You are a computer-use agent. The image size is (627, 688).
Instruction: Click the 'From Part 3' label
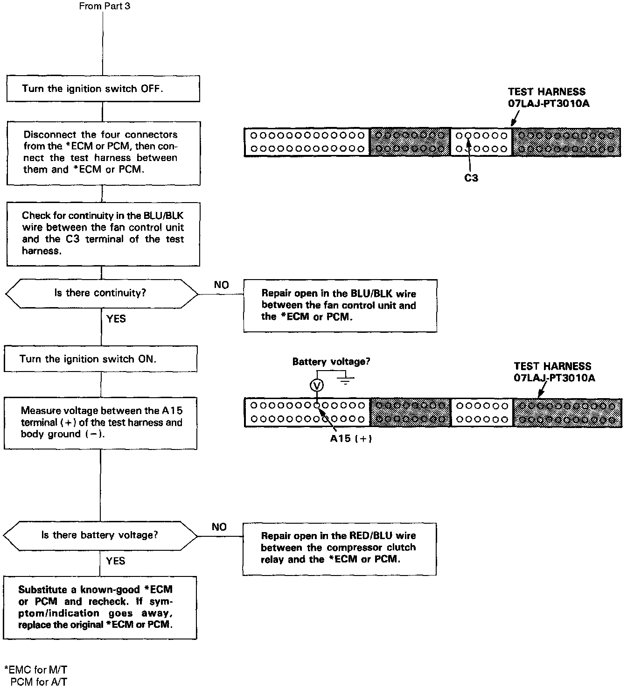[x=104, y=6]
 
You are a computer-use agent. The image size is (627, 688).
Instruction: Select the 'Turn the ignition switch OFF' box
[x=103, y=89]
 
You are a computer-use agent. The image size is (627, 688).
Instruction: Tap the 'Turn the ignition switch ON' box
[x=100, y=359]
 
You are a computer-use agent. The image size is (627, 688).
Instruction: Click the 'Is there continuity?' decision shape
[x=101, y=293]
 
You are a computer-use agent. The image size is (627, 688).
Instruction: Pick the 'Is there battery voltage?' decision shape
[x=100, y=535]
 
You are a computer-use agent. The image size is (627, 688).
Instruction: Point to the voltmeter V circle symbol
[x=317, y=386]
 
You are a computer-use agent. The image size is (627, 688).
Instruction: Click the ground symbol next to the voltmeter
[x=345, y=379]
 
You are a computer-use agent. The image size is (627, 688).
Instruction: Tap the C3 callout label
[x=471, y=178]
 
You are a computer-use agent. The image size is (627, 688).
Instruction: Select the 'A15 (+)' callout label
[x=351, y=439]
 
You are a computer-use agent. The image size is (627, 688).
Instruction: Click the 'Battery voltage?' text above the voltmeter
[x=331, y=362]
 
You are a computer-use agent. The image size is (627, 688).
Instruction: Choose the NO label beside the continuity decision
[x=221, y=285]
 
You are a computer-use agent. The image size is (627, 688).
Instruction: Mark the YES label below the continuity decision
[x=116, y=319]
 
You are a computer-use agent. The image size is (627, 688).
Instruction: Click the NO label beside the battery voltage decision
[x=219, y=527]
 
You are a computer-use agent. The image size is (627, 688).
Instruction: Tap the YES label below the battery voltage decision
[x=115, y=561]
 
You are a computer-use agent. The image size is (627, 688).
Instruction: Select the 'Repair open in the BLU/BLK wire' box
[x=340, y=306]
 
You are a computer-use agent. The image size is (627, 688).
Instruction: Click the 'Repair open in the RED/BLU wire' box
[x=339, y=548]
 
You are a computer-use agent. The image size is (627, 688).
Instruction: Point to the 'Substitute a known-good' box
[x=100, y=607]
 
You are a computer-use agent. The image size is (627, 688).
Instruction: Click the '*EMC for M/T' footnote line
[x=35, y=670]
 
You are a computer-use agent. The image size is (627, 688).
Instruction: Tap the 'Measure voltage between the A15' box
[x=100, y=423]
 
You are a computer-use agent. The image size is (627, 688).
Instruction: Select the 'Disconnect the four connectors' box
[x=103, y=153]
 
